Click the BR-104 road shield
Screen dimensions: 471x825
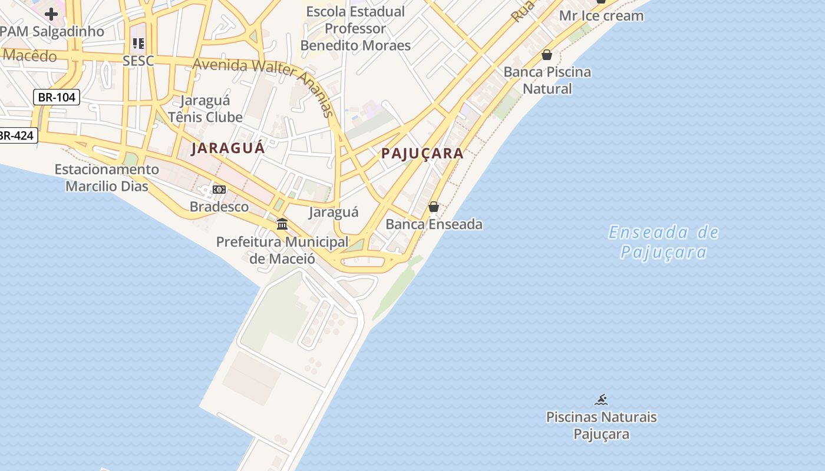(x=57, y=97)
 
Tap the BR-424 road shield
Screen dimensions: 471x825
(x=16, y=135)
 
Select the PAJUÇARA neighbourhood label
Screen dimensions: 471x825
(x=422, y=154)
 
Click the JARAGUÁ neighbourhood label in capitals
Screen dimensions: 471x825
(x=228, y=148)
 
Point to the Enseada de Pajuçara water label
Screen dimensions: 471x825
(x=664, y=242)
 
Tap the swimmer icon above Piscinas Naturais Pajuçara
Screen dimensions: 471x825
(x=601, y=400)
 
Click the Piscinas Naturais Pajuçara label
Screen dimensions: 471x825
(x=601, y=426)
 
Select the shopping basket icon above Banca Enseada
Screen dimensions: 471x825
(x=434, y=207)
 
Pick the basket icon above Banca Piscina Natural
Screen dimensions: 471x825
(x=547, y=55)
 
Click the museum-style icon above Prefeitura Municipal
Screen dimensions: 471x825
(x=282, y=224)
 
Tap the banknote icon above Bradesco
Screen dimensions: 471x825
(x=219, y=190)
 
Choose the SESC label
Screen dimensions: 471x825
(x=138, y=61)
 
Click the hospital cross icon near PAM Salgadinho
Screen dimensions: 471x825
(x=51, y=14)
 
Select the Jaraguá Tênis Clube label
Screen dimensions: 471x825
(x=205, y=109)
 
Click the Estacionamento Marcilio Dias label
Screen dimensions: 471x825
(x=107, y=178)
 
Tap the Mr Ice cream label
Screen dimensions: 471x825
(x=601, y=16)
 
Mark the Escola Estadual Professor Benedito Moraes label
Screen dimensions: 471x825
(x=355, y=28)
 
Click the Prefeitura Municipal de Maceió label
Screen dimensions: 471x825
(x=282, y=250)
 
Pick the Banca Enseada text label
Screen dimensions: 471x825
(x=434, y=224)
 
